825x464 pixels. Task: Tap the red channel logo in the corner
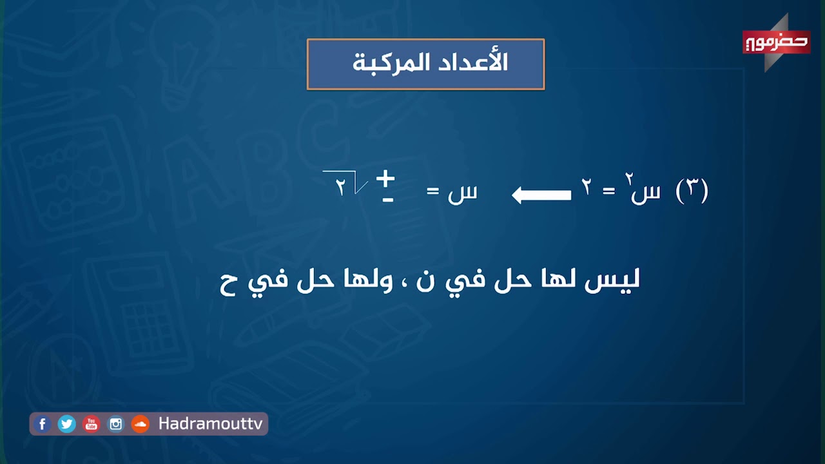776,43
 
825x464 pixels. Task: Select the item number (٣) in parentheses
692,191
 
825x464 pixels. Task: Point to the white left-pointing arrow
541,195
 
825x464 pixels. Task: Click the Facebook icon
43,424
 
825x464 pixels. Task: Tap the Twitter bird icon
66,424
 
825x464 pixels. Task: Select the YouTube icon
91,424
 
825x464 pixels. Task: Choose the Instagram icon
115,424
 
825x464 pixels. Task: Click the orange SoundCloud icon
140,424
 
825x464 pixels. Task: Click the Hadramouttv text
210,424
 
